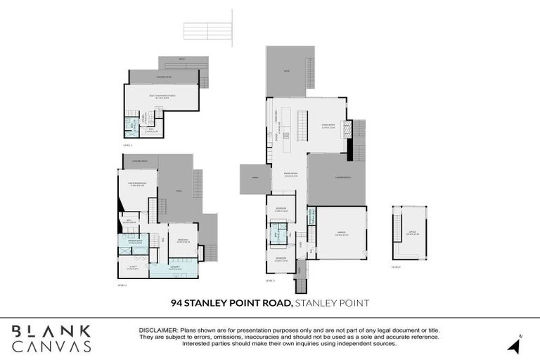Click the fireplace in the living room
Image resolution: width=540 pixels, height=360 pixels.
tap(345, 130)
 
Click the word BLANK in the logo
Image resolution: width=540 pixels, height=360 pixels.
tap(51, 330)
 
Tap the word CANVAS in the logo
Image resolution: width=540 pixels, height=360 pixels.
tap(51, 346)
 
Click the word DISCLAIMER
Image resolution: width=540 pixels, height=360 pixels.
tap(159, 329)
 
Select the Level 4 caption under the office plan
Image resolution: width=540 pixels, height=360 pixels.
tap(397, 266)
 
